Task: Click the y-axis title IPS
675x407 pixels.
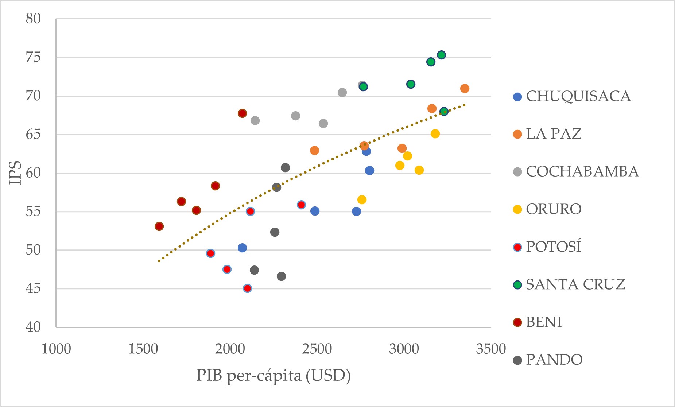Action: point(15,173)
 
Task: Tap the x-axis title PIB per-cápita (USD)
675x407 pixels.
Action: point(273,376)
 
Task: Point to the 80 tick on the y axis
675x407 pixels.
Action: point(33,19)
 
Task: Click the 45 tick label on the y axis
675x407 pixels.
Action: point(33,288)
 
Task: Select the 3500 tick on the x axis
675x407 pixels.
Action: point(491,349)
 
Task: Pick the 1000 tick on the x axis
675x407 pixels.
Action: point(56,349)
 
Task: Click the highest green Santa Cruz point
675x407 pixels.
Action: point(441,55)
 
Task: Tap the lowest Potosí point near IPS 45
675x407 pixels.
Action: point(247,288)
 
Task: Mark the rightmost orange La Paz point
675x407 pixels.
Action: point(465,89)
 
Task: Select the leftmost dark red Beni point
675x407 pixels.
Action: point(159,226)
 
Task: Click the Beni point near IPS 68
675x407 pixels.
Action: point(242,113)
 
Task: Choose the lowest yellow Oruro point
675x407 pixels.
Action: point(362,199)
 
